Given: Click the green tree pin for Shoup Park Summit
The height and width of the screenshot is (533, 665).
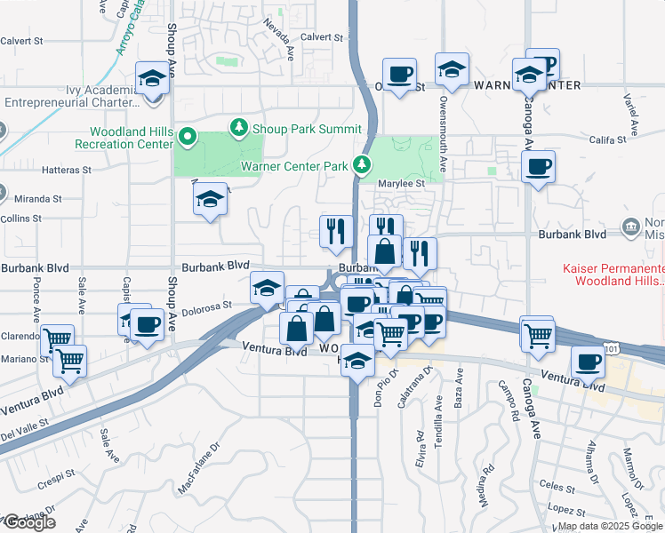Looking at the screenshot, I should (238, 129).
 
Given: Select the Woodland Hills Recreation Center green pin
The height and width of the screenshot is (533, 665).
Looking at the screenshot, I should (187, 137).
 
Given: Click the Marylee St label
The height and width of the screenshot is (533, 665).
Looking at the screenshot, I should (403, 183).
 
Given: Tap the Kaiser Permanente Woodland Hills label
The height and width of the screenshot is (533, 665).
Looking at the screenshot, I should (613, 274).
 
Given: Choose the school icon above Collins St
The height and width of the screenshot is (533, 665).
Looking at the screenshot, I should (210, 199).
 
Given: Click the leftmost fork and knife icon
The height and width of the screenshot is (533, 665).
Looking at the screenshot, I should (336, 230).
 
